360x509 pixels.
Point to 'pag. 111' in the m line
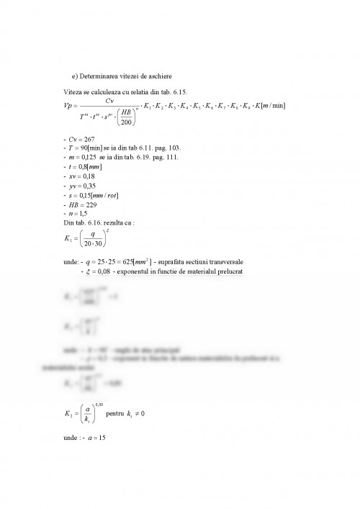coord(170,157)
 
